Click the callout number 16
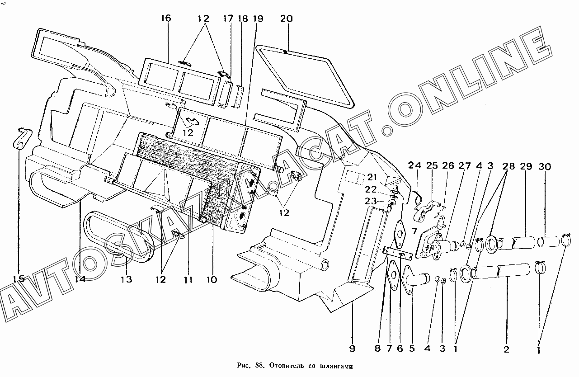pos(165,19)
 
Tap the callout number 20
pos(287,19)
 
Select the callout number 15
pos(19,279)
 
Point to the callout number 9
pos(352,349)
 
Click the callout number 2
pos(506,349)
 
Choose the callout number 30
pos(545,166)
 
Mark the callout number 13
pos(127,279)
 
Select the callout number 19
pos(258,19)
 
